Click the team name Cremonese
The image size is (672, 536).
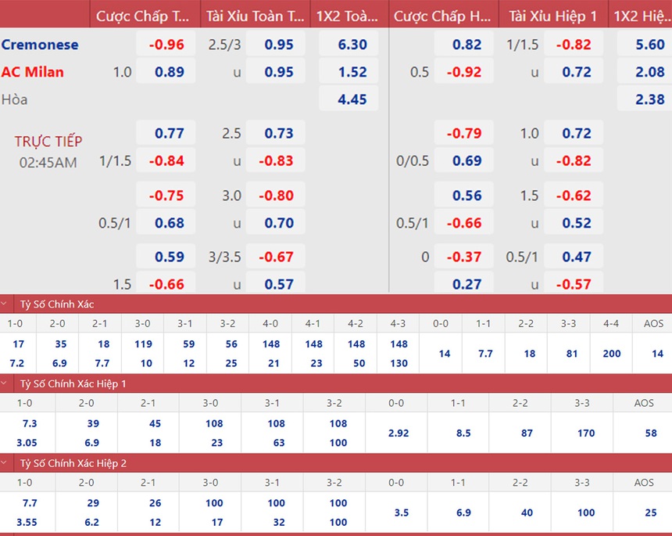tap(40, 45)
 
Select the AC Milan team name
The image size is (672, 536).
tap(32, 72)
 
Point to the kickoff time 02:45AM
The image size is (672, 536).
tap(48, 163)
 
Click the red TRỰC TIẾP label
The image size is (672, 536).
tap(48, 142)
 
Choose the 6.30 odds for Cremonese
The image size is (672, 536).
tap(352, 45)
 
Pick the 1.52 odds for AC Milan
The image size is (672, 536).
tap(352, 72)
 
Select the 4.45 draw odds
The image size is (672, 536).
tap(352, 99)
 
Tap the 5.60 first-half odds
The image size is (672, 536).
tap(650, 45)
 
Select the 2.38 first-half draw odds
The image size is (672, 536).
tap(650, 99)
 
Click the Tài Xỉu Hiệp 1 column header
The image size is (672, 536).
tap(552, 16)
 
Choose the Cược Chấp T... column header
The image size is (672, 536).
tap(143, 16)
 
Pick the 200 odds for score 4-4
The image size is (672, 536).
tap(612, 354)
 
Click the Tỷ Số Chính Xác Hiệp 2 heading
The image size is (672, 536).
tap(73, 463)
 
